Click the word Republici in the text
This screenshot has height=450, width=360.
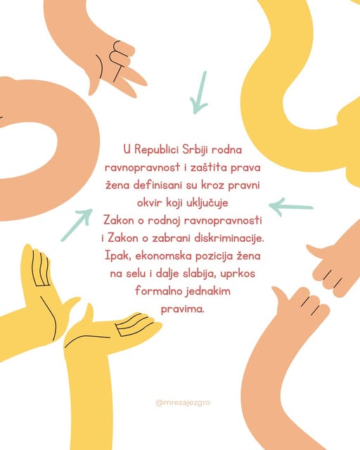[157, 150]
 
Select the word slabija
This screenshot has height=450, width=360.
[200, 274]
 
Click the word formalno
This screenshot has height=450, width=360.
[158, 291]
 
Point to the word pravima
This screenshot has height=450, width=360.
[183, 309]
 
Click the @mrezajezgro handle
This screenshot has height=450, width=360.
[183, 403]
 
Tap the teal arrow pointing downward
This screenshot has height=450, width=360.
[199, 92]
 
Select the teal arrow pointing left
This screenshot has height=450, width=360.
[291, 207]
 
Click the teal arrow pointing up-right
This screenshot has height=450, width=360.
[77, 225]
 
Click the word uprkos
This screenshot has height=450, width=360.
[238, 274]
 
